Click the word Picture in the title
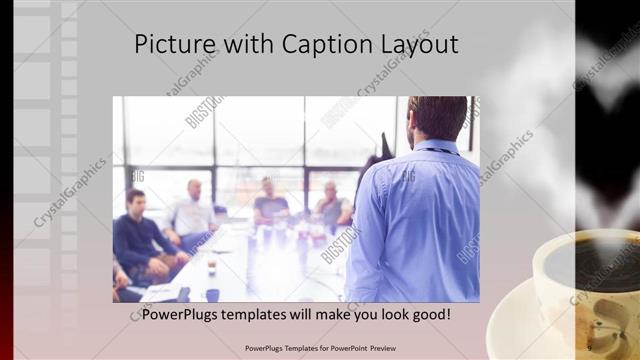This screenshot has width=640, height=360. coord(169,45)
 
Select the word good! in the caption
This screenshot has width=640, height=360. coord(427,314)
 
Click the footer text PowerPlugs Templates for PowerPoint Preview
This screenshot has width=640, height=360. coord(320,348)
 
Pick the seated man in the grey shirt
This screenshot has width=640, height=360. coord(331,205)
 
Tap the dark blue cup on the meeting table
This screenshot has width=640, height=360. coord(212,294)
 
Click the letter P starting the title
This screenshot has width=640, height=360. coord(141,45)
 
